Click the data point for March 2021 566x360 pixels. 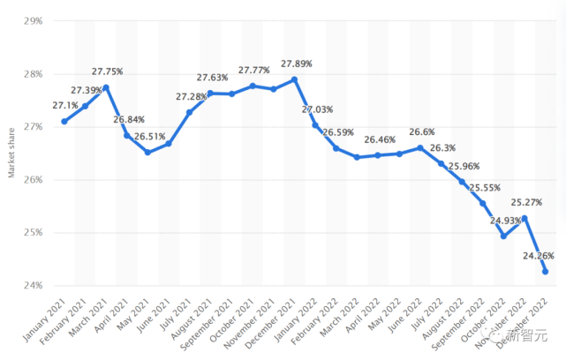tap(106, 87)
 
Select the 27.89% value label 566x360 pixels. tap(296, 64)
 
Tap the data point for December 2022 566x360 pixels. tap(545, 272)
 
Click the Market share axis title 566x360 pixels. tap(11, 153)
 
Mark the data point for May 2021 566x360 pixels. tap(147, 153)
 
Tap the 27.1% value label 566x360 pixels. tap(65, 107)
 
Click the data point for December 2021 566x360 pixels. tap(294, 79)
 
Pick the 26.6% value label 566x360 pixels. tap(421, 132)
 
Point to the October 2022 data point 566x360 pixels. tap(503, 236)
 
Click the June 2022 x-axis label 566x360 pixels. tap(405, 318)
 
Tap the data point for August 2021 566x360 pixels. tap(210, 93)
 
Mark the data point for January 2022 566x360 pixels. tap(315, 125)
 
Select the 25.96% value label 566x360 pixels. tap(463, 166)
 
